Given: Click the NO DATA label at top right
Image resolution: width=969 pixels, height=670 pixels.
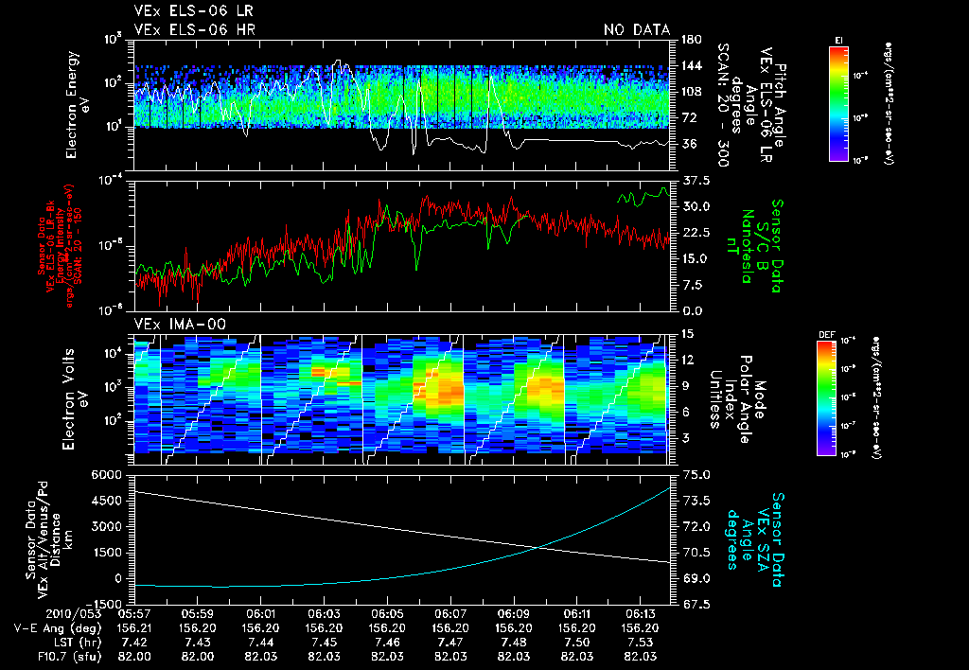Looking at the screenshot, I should tap(637, 30).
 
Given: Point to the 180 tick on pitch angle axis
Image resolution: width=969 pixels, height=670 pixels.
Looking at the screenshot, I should tap(691, 40).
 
